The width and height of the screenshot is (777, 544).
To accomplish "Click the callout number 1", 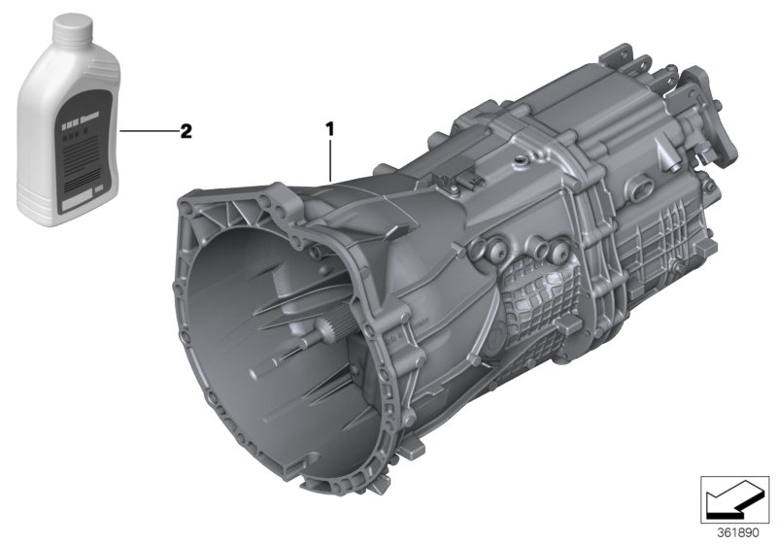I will pos(330,127).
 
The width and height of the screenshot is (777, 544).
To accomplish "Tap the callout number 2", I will pos(186,130).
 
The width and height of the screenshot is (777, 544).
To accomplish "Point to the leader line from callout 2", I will pos(146,130).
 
